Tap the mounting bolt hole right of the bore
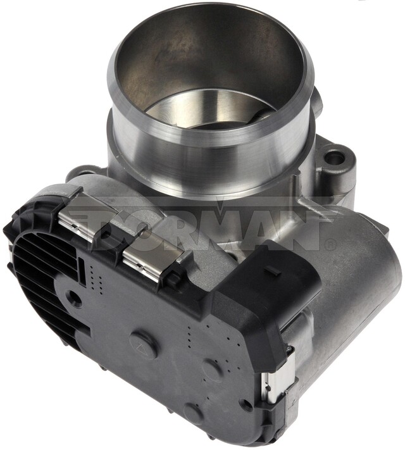point(335,156)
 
